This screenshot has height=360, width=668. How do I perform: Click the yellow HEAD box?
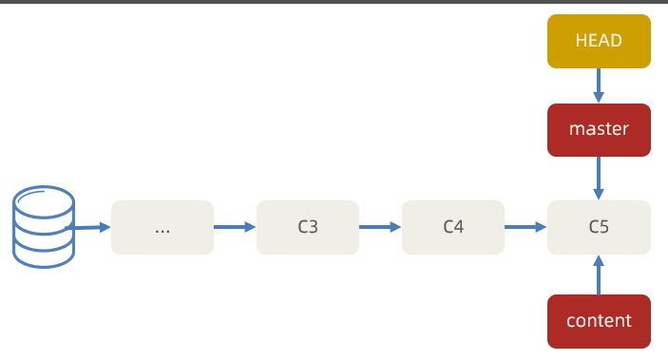[x=599, y=42]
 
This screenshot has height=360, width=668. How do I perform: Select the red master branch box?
[x=599, y=130]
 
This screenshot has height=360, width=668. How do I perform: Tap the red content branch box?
[x=599, y=321]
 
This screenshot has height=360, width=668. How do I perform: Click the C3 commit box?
[x=308, y=227]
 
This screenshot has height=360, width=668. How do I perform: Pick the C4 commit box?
[x=453, y=227]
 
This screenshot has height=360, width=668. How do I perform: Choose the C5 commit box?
[x=599, y=227]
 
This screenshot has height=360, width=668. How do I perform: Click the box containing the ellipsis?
[x=162, y=227]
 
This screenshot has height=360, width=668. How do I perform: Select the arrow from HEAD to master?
[x=599, y=85]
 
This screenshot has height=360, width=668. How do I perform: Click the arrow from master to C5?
[x=599, y=178]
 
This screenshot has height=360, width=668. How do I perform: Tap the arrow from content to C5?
[x=599, y=275]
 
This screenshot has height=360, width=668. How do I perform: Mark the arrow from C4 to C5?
[x=525, y=227]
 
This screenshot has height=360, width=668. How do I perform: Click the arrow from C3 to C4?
[x=380, y=227]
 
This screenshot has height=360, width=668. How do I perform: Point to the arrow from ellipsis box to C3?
[x=235, y=227]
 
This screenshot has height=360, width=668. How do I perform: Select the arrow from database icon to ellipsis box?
[x=87, y=228]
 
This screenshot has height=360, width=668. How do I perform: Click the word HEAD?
[x=599, y=41]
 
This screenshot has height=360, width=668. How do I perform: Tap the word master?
[x=599, y=129]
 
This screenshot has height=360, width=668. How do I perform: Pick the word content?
[x=599, y=321]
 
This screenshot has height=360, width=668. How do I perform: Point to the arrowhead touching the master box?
[x=599, y=98]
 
